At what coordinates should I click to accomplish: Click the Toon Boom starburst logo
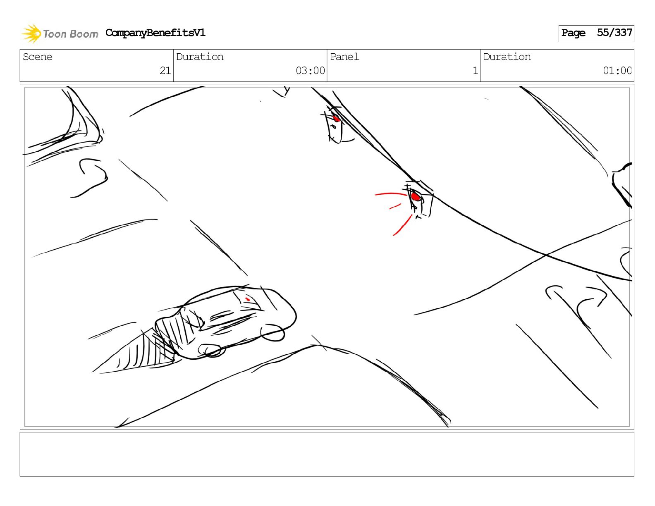pyautogui.click(x=31, y=33)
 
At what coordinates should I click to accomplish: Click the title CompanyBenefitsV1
pyautogui.click(x=155, y=33)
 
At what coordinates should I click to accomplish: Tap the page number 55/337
pyautogui.click(x=614, y=33)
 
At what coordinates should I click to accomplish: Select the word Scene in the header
pyautogui.click(x=38, y=57)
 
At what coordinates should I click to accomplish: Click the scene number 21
pyautogui.click(x=165, y=71)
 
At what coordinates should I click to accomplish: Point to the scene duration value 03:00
pyautogui.click(x=310, y=71)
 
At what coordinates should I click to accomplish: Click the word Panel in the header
pyautogui.click(x=344, y=57)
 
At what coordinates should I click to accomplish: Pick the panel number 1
pyautogui.click(x=476, y=71)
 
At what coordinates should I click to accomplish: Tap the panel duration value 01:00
pyautogui.click(x=617, y=71)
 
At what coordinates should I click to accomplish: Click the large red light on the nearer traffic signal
pyautogui.click(x=416, y=197)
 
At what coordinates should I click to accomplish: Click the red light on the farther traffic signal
pyautogui.click(x=336, y=118)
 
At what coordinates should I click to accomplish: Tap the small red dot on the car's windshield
pyautogui.click(x=248, y=299)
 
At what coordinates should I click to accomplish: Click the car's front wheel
pyautogui.click(x=272, y=333)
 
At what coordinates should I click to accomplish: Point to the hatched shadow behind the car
pyautogui.click(x=142, y=351)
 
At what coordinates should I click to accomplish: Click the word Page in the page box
pyautogui.click(x=573, y=33)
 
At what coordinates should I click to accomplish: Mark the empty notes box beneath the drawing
pyautogui.click(x=327, y=454)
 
